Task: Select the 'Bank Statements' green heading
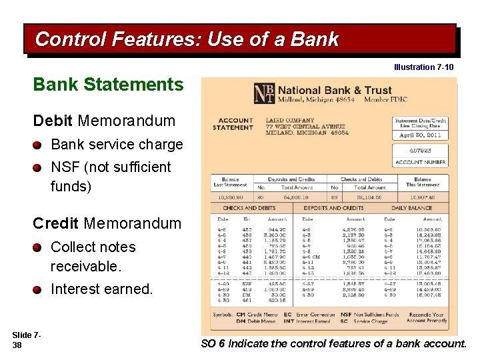(108, 85)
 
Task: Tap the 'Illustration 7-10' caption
(423, 67)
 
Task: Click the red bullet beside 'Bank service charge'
(39, 145)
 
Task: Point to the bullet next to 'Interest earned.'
(39, 289)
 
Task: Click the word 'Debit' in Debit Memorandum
(53, 121)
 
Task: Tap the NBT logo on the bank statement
(263, 93)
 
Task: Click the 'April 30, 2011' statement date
(420, 135)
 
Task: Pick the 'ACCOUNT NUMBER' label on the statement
(420, 162)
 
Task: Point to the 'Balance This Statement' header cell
(422, 182)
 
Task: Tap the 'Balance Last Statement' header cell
(230, 182)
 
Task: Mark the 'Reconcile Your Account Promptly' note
(425, 317)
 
